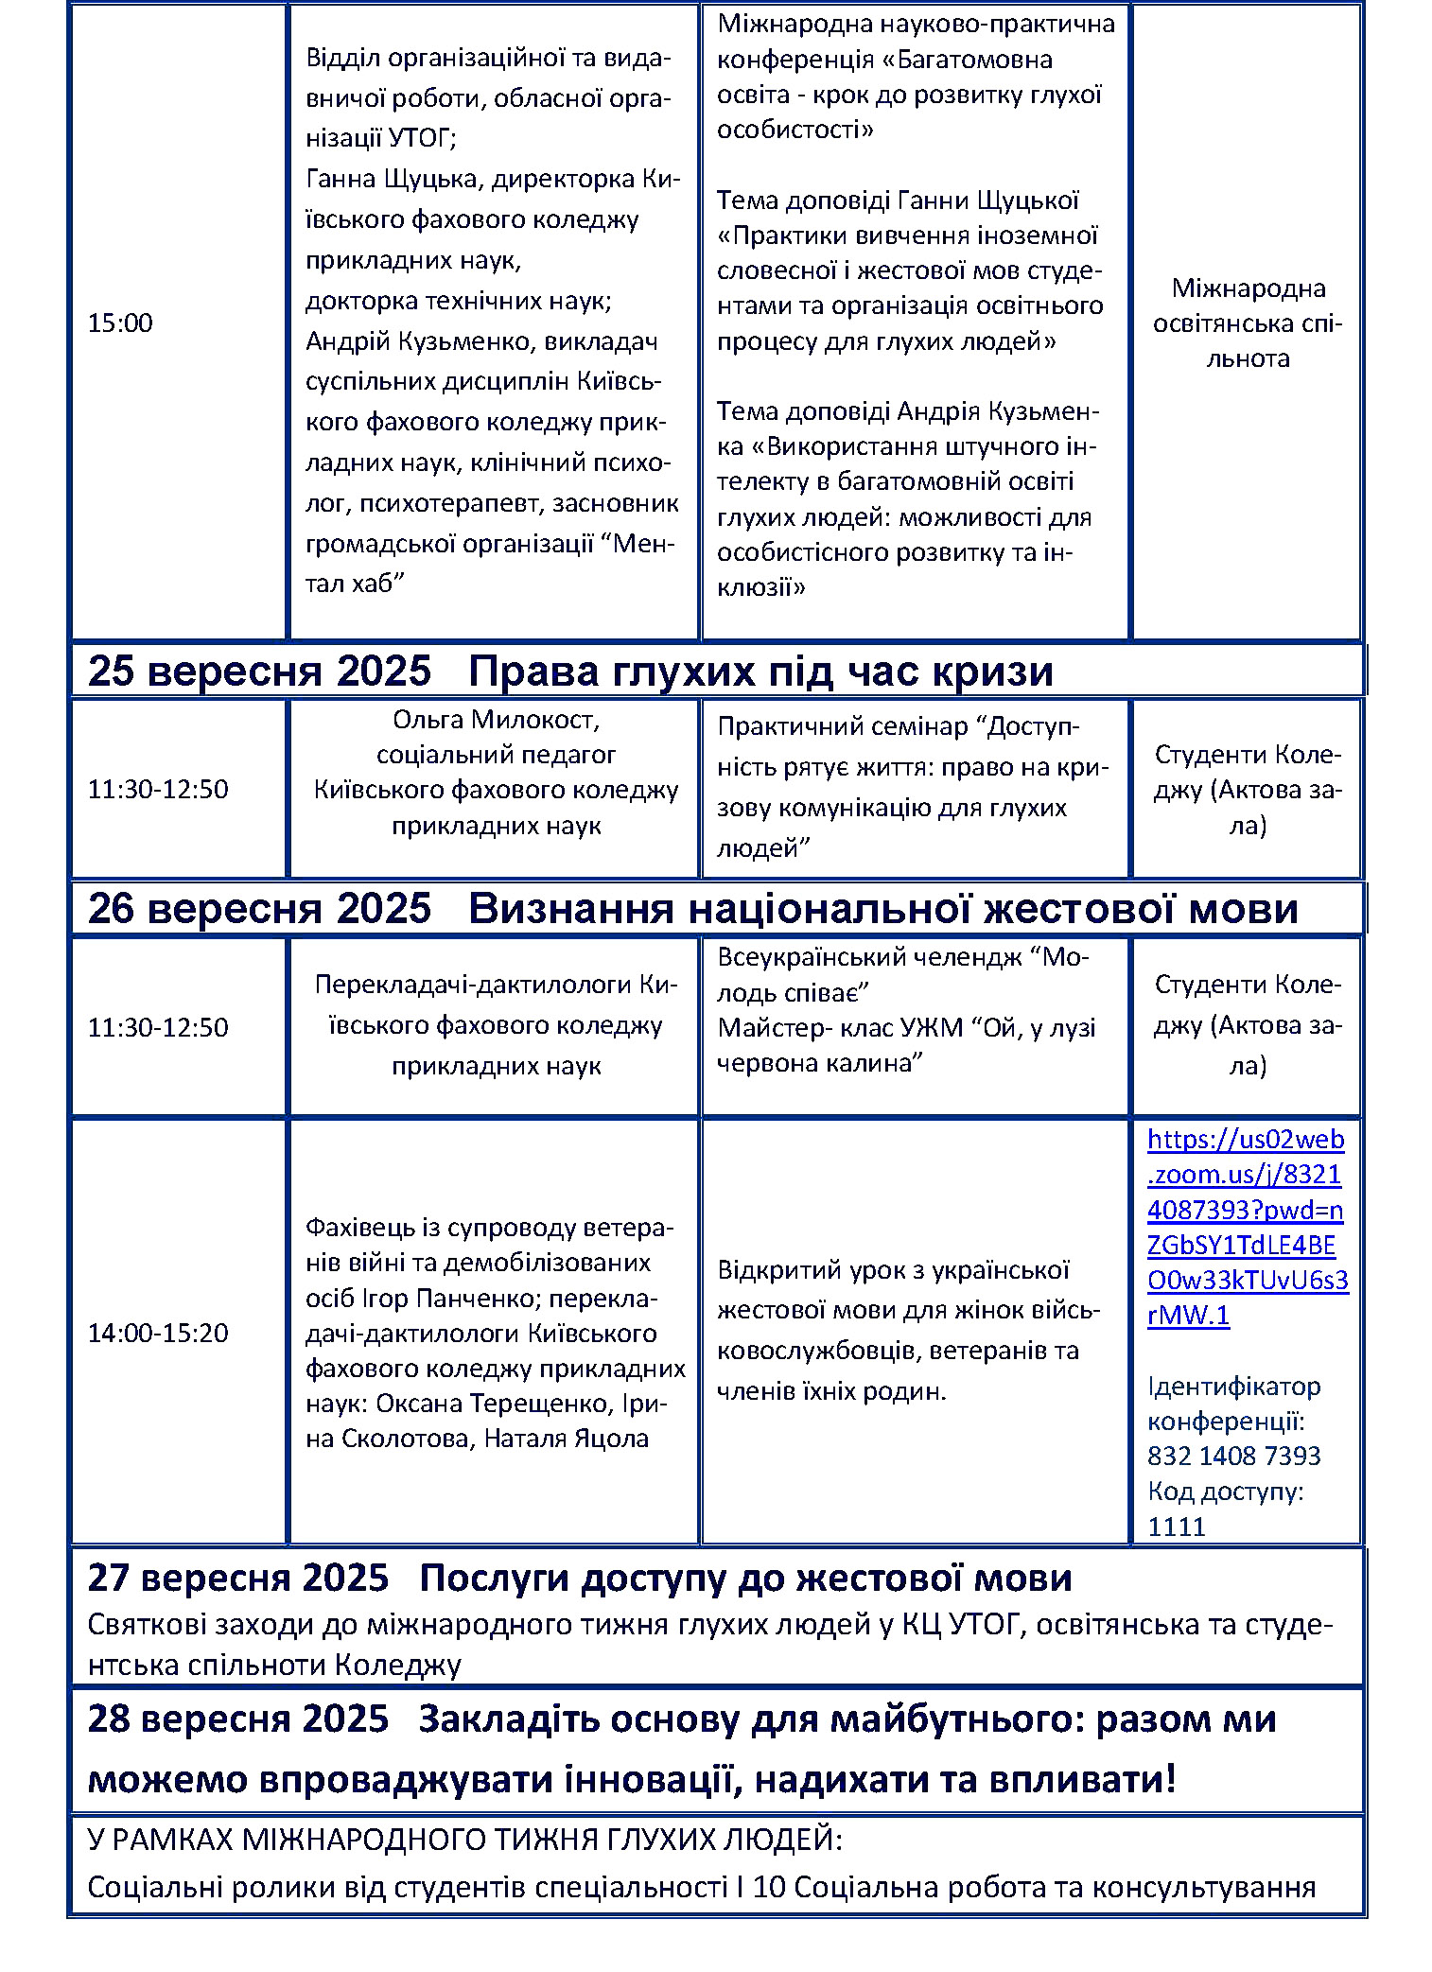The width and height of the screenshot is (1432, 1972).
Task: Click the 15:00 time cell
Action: [x=120, y=323]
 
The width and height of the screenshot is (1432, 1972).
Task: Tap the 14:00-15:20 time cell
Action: [x=158, y=1333]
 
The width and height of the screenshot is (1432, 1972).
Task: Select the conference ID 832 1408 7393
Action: [x=1233, y=1456]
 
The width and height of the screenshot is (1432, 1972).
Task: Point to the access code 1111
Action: [x=1176, y=1527]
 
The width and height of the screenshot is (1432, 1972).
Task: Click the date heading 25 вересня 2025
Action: [x=259, y=672]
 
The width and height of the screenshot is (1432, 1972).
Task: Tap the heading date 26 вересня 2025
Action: [x=259, y=909]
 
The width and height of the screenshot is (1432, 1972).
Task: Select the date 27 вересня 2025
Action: [x=237, y=1579]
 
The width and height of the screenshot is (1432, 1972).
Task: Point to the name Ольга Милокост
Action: [x=496, y=720]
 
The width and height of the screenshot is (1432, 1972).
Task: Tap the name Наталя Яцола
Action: [x=566, y=1439]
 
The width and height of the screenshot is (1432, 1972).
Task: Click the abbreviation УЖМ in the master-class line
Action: [x=935, y=1028]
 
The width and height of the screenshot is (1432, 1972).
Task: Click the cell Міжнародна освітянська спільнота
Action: [x=1247, y=323]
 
